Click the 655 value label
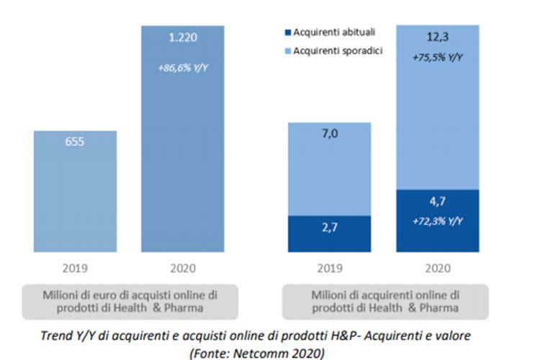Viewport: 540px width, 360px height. (75, 142)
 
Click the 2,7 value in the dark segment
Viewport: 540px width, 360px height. (329, 235)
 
